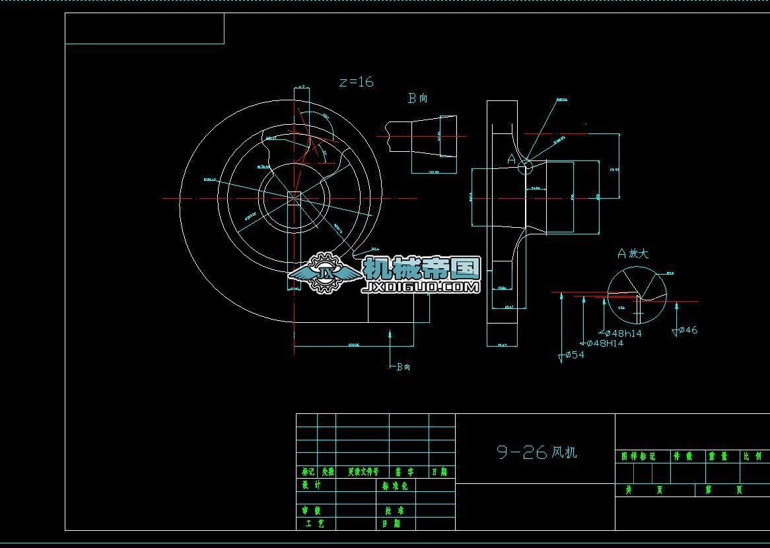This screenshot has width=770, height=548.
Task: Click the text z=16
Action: pos(356,82)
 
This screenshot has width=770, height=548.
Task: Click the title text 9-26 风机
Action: pos(536,452)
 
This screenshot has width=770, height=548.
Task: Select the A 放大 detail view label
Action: pos(633,254)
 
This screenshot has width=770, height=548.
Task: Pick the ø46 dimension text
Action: pos(687,330)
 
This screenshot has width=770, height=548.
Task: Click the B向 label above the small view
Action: pos(417,98)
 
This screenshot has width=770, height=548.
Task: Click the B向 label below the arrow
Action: pos(403,367)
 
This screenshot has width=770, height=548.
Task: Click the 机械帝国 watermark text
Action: pos(421,269)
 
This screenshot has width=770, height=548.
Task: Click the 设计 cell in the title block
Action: pos(311,485)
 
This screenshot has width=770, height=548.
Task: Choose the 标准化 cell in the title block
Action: pos(395,485)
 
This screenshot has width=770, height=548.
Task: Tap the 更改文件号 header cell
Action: pos(363,472)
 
